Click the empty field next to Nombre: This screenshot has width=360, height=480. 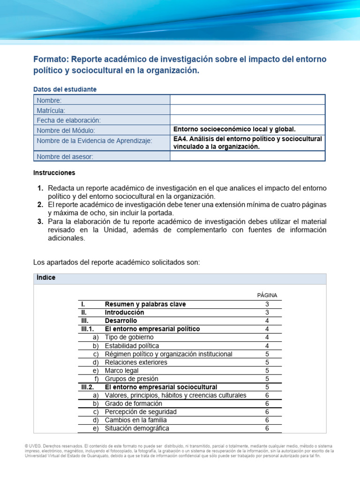pyautogui.click(x=247, y=100)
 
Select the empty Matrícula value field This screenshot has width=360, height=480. pyautogui.click(x=247, y=110)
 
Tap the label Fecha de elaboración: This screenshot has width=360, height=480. pyautogui.click(x=69, y=120)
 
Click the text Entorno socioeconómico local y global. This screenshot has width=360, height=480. pyautogui.click(x=234, y=129)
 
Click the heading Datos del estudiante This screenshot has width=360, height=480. pyautogui.click(x=65, y=89)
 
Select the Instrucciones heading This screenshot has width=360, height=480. pyautogui.click(x=54, y=172)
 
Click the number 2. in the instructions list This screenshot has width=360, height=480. pyautogui.click(x=40, y=205)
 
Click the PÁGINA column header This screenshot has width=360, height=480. pyautogui.click(x=267, y=295)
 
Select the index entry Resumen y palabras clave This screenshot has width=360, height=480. pyautogui.click(x=145, y=304)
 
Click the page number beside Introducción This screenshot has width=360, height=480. pyautogui.click(x=267, y=312)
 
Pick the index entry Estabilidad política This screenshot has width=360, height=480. pyautogui.click(x=132, y=346)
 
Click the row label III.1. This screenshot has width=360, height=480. pyautogui.click(x=88, y=329)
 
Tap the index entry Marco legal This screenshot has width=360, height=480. pyautogui.click(x=122, y=370)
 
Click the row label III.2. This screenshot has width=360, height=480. pyautogui.click(x=88, y=387)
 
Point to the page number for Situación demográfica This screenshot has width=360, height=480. pyautogui.click(x=267, y=428)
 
